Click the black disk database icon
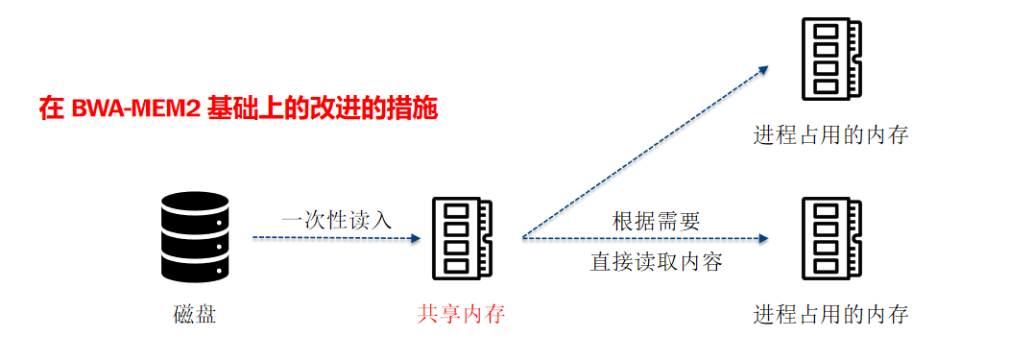tap(195, 235)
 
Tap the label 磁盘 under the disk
tap(195, 314)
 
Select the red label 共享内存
tap(461, 314)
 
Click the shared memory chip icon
tap(461, 236)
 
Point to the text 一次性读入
tap(336, 219)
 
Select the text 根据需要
tap(657, 220)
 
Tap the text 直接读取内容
tap(657, 261)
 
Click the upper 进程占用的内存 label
tap(831, 134)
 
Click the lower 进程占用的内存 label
tap(831, 314)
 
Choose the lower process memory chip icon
tap(831, 236)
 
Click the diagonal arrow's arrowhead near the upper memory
tap(763, 69)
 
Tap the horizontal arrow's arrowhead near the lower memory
tap(765, 238)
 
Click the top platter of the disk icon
tap(195, 204)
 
